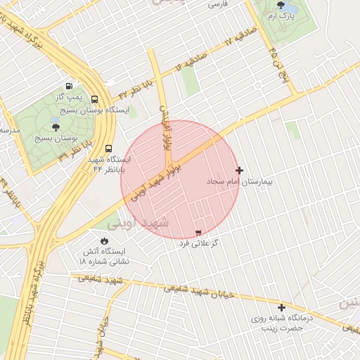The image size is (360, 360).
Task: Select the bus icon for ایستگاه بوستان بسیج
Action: (95, 99)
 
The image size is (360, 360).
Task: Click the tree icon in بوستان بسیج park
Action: (56, 127)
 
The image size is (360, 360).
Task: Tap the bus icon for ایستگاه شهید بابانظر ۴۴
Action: (108, 148)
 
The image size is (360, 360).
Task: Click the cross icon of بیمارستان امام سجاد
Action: (240, 170)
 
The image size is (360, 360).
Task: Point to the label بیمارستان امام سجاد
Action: (238, 181)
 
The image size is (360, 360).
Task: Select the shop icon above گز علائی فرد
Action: (198, 232)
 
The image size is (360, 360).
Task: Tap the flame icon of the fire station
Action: (105, 240)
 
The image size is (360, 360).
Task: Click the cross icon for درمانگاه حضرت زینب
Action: (282, 307)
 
